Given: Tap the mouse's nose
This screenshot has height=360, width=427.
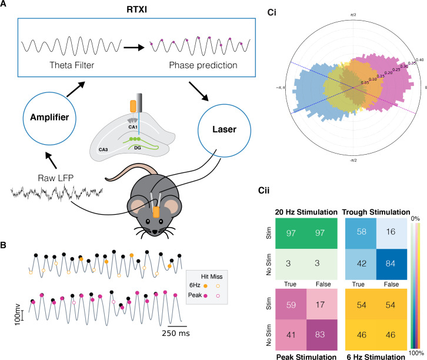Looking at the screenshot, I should (155, 231).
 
